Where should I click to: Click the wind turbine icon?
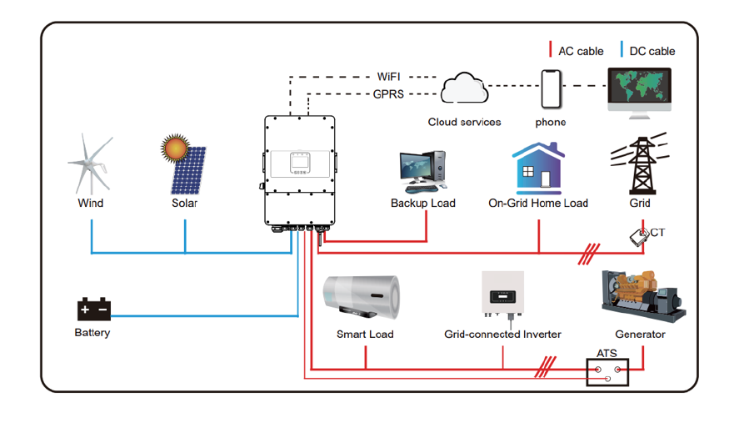89,164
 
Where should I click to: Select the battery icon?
93,310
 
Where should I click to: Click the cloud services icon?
464,88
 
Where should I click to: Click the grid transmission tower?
639,165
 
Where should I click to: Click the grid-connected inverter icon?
502,295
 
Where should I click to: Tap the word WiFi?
389,77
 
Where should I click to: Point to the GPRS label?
388,94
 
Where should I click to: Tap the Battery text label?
92,333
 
